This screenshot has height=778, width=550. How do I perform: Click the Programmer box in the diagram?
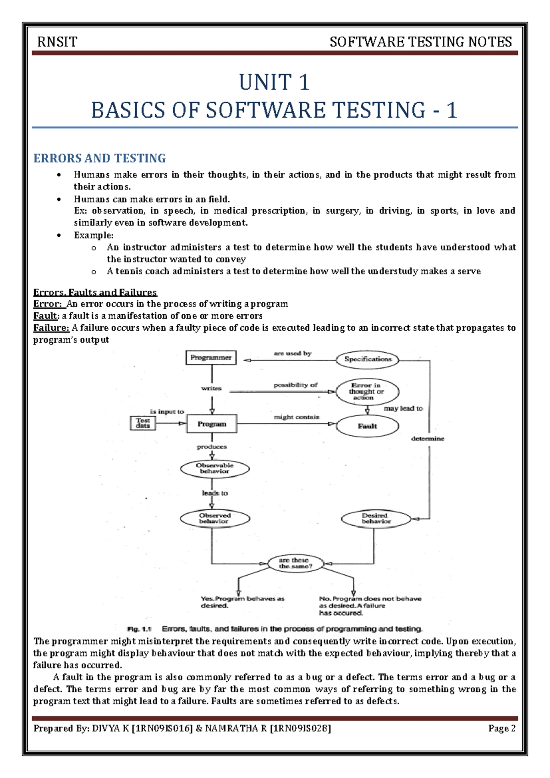[211, 357]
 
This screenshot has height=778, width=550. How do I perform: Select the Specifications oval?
[368, 359]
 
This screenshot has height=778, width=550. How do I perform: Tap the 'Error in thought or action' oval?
[367, 391]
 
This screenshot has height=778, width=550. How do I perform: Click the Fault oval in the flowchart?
[367, 426]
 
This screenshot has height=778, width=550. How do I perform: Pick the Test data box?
[143, 422]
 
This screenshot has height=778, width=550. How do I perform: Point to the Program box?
[212, 424]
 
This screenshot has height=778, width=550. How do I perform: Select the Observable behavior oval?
[215, 468]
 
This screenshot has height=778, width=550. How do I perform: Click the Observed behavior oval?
[215, 518]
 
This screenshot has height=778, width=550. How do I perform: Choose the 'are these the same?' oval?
[295, 563]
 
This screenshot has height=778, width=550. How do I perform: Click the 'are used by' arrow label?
[292, 353]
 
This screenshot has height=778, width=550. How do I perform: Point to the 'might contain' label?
[297, 417]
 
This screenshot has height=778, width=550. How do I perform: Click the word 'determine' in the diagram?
[428, 439]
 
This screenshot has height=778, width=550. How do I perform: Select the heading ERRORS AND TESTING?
[99, 158]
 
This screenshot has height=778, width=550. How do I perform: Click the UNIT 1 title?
[274, 83]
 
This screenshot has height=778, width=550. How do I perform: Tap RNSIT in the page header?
[57, 42]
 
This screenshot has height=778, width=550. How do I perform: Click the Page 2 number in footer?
[502, 728]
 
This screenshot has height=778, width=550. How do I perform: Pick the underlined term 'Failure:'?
[51, 328]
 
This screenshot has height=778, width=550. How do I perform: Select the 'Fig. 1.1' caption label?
[139, 629]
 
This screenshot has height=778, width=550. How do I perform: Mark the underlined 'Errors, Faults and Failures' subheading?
[95, 292]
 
